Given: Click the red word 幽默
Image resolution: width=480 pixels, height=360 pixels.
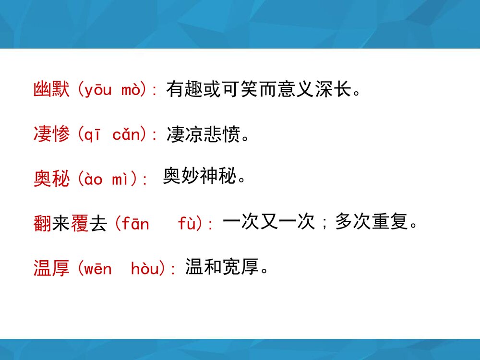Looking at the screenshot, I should click(x=52, y=90).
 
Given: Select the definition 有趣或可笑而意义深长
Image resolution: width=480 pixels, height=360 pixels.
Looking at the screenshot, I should click(x=263, y=89).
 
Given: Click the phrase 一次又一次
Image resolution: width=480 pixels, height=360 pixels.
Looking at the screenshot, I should click(x=268, y=221).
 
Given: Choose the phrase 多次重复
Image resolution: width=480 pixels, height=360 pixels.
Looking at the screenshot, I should click(x=372, y=221).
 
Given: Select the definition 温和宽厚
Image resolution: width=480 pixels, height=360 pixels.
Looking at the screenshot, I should click(x=222, y=267).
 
